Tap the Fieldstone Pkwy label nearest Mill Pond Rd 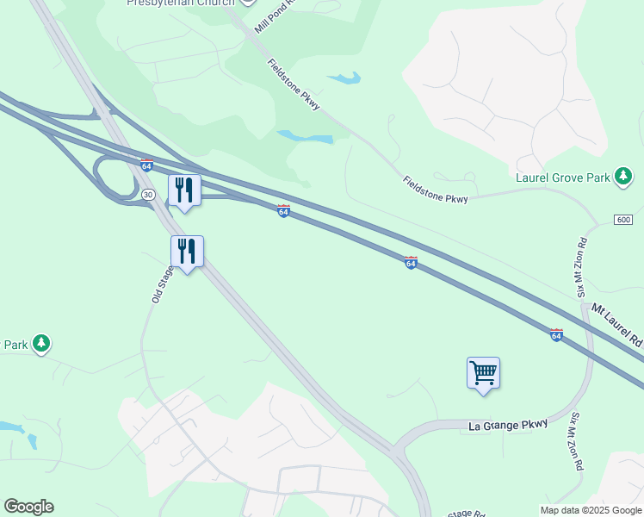point(294,84)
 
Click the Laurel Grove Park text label point(562,178)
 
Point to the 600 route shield point(623,221)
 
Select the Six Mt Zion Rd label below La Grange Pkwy point(574,440)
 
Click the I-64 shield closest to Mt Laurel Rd point(556,334)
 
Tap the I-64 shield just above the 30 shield point(146,165)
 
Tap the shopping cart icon point(483,372)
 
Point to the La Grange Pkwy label point(508,426)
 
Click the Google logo point(28,507)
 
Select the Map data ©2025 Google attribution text point(591,510)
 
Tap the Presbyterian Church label point(180,3)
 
